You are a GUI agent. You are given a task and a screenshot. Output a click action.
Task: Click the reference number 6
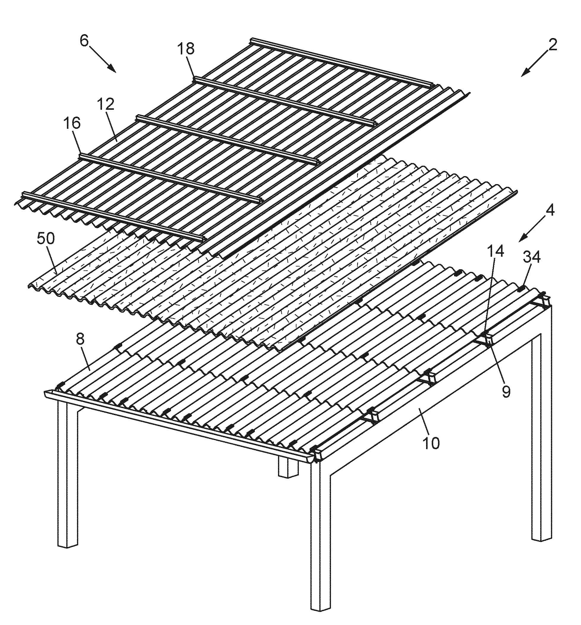[84, 41]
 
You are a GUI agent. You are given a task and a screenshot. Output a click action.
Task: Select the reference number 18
[186, 49]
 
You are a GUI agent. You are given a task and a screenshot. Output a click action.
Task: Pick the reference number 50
[45, 239]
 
